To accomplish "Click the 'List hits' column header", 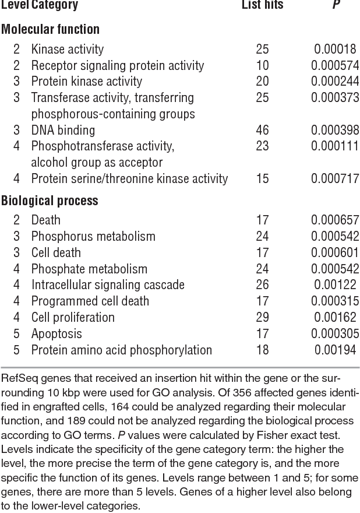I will coord(262,6).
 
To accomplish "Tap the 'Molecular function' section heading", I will coord(50,29).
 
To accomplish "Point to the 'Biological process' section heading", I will coord(50,201).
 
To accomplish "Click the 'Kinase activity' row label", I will coord(68,50).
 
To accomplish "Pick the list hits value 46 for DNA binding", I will coord(262,130).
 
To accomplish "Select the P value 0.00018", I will coord(335,50).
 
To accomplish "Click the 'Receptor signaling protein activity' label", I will coord(118,65).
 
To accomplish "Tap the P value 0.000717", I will coord(335,178).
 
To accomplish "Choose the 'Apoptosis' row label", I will coord(57,334).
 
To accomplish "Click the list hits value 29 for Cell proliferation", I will coord(262,318).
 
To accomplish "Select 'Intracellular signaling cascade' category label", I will coord(108,285).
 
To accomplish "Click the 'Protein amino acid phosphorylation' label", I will coord(122,350).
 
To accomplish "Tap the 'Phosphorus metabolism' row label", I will coord(93,236).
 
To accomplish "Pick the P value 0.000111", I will coord(335,146).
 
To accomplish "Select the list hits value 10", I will coord(262,65).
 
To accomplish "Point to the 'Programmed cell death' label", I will coord(90,301).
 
